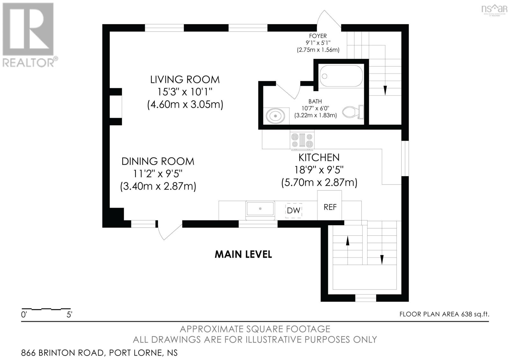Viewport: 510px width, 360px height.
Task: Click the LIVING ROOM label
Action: tap(185, 79)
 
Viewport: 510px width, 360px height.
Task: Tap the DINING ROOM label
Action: tap(158, 161)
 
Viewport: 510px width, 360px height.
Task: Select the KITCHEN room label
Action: tap(319, 157)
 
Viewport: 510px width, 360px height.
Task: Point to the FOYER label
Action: tap(318, 36)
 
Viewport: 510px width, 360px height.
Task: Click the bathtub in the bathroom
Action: tap(341, 76)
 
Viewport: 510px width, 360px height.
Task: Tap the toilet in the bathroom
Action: tap(352, 112)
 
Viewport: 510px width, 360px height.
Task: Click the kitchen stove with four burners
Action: tap(302, 140)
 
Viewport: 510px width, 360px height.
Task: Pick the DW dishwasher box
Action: tap(294, 210)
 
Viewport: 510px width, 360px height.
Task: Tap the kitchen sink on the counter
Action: tap(260, 209)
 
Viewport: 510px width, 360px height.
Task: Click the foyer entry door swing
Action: tap(328, 19)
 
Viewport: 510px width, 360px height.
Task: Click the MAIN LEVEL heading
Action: tap(243, 254)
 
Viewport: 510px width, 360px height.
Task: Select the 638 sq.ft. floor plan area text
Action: tap(475, 314)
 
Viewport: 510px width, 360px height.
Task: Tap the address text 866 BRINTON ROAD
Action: tap(62, 353)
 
